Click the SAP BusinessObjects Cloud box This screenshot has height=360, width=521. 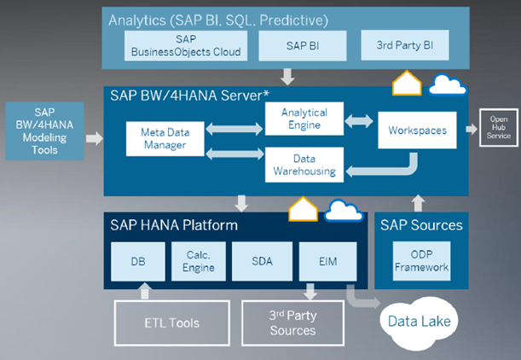pos(186,46)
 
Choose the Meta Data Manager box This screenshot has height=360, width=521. pos(164,138)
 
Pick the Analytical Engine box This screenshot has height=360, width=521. pos(304,119)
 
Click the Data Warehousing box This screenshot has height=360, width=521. pos(304,164)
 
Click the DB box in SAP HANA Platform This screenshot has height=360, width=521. pos(137,261)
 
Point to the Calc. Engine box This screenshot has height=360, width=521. pos(199,261)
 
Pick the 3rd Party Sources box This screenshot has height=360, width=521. pos(292,322)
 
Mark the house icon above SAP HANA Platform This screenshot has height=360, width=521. pos(303,210)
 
